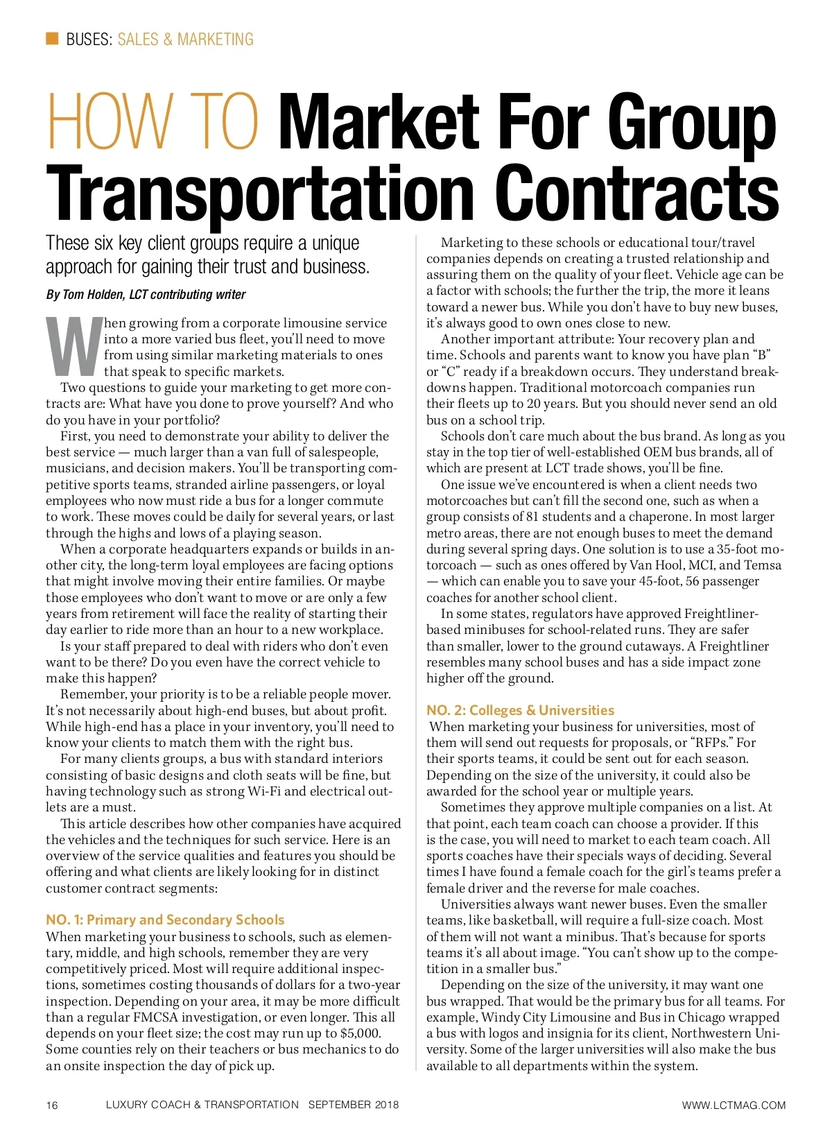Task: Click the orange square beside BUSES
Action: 52,38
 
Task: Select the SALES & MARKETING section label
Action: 185,39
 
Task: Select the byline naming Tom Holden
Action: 146,295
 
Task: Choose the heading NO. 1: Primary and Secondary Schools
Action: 165,920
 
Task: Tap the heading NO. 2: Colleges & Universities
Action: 520,710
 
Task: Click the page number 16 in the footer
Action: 52,1105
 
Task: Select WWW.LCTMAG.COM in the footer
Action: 734,1105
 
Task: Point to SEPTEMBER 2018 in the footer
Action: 354,1104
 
